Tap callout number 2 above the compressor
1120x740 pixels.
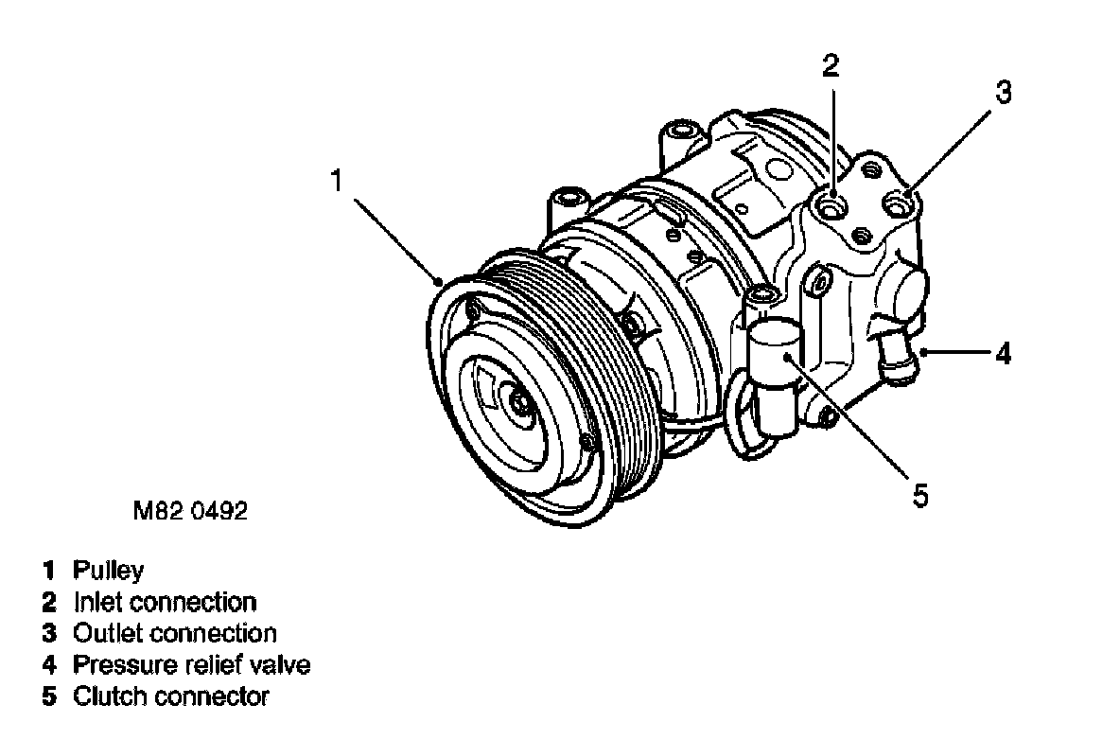point(830,64)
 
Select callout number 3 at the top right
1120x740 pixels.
point(1003,92)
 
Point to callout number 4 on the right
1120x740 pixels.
point(1002,354)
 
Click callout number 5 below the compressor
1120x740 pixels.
point(919,494)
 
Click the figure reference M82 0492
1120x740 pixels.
point(190,512)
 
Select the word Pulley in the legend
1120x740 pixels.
point(109,571)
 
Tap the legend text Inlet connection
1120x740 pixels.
point(164,602)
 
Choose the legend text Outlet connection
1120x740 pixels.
point(174,633)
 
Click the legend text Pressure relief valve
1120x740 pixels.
point(191,665)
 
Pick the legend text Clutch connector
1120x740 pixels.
point(170,697)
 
